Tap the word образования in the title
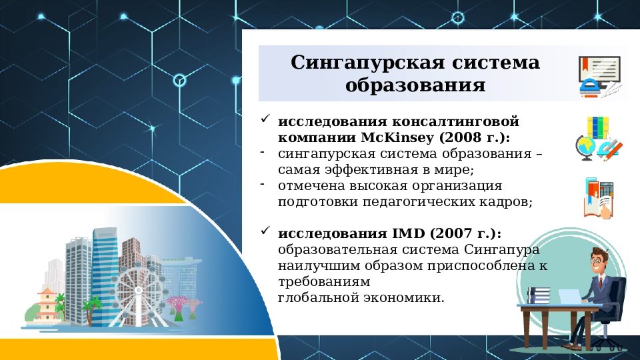click(415, 86)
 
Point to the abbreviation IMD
click(408, 233)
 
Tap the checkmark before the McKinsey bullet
click(265, 120)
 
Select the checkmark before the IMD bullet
click(265, 231)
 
